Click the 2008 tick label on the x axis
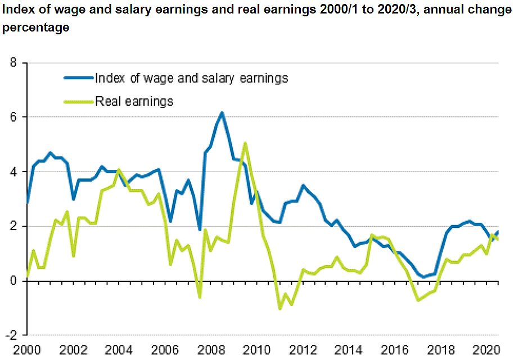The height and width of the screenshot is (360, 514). click(x=212, y=349)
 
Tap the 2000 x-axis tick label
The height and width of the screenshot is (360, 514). click(x=27, y=349)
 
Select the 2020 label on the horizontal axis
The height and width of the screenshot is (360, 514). click(x=488, y=349)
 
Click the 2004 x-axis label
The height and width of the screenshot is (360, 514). click(x=119, y=349)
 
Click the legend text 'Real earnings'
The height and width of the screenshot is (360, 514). click(x=134, y=101)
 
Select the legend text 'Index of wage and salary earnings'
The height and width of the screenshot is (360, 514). click(x=191, y=78)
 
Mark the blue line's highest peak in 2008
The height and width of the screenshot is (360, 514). click(x=222, y=113)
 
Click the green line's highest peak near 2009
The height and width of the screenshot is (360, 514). click(x=245, y=143)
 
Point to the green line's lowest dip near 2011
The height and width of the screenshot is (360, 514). click(x=280, y=308)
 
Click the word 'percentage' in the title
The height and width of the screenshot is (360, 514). click(x=36, y=28)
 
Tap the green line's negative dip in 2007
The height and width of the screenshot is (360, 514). click(x=199, y=296)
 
